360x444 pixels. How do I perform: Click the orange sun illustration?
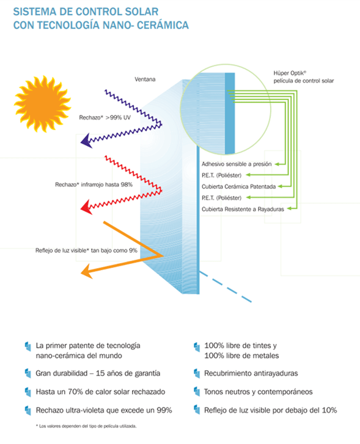[x=43, y=104]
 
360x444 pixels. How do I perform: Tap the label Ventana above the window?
[x=145, y=79]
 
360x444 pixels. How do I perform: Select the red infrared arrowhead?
[x=86, y=207]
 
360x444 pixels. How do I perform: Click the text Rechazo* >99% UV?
[x=105, y=117]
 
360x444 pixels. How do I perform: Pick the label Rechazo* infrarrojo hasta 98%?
[x=94, y=184]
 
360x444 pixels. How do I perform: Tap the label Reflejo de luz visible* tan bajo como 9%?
[x=86, y=250]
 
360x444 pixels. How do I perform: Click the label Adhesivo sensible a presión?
[x=237, y=164]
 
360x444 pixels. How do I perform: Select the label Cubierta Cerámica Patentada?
[x=239, y=187]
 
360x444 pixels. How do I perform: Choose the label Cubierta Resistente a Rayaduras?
[x=243, y=209]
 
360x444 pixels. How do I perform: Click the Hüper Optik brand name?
[x=290, y=73]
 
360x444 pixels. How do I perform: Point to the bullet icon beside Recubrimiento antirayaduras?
[x=197, y=373]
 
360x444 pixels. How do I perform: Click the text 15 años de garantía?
[x=128, y=374]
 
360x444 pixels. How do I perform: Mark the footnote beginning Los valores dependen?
[x=86, y=426]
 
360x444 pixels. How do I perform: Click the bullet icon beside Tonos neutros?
[x=197, y=392]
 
